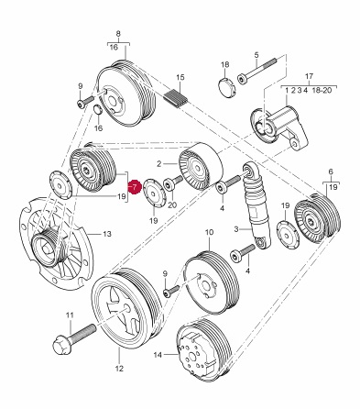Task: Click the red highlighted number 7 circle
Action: pyautogui.click(x=135, y=187)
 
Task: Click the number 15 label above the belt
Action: pyautogui.click(x=180, y=77)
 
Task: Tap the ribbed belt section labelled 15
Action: pyautogui.click(x=176, y=99)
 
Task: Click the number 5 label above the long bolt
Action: pyautogui.click(x=256, y=55)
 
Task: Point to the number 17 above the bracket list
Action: pyautogui.click(x=310, y=76)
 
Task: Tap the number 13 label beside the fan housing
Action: pyautogui.click(x=107, y=234)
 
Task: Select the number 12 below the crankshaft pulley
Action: pyautogui.click(x=119, y=369)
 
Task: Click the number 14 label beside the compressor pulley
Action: pyautogui.click(x=158, y=355)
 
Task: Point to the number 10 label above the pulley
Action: pyautogui.click(x=209, y=232)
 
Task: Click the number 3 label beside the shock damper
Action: pyautogui.click(x=236, y=228)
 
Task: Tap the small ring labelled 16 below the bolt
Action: pyautogui.click(x=97, y=109)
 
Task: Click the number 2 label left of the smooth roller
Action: pyautogui.click(x=158, y=164)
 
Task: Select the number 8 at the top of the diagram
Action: pyautogui.click(x=118, y=34)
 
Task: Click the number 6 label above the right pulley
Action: pyautogui.click(x=331, y=171)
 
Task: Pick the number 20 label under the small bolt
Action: pyautogui.click(x=172, y=204)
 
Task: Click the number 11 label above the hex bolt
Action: pyautogui.click(x=71, y=315)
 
